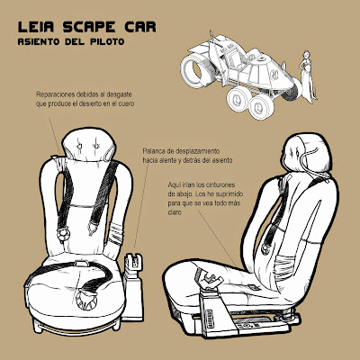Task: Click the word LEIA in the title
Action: point(36,27)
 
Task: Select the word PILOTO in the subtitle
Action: point(107,41)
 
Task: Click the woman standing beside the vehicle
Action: point(307,76)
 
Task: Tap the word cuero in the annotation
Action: point(126,103)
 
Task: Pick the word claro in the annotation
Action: point(175,212)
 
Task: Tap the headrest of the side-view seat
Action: point(308,154)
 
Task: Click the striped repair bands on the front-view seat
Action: point(115,234)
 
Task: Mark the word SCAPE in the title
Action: point(89,27)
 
